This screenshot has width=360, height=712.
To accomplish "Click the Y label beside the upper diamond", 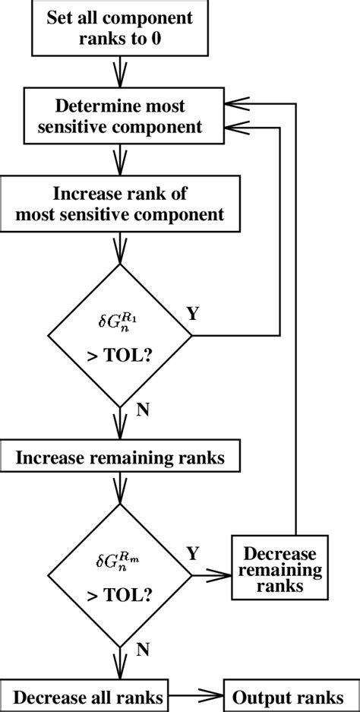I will (193, 314).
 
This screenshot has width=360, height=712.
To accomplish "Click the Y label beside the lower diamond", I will (193, 554).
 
